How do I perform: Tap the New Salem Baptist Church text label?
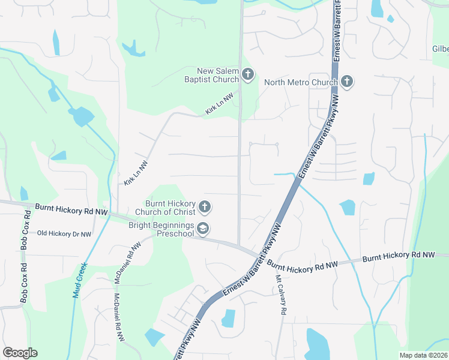tap(211, 74)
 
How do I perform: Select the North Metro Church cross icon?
tap(346, 81)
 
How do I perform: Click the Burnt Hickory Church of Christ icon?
tap(205, 207)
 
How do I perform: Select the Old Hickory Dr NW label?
tap(64, 233)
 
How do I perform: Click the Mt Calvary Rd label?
tap(279, 295)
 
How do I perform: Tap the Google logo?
tap(20, 353)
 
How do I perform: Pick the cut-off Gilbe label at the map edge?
tap(440, 49)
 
